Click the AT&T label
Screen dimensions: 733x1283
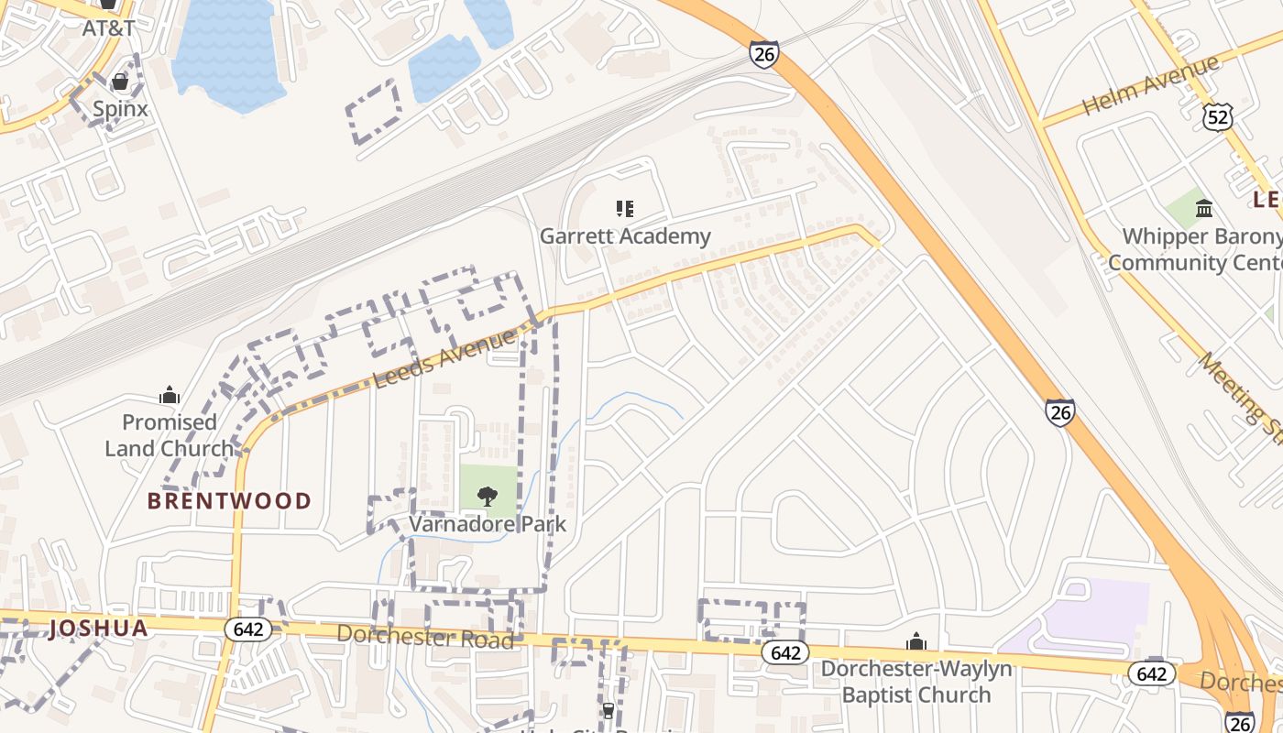108,27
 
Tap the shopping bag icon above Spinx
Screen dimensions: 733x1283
119,82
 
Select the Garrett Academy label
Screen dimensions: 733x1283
625,236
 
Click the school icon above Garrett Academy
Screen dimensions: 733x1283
625,209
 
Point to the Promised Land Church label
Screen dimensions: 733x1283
170,435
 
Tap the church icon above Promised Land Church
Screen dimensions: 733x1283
170,396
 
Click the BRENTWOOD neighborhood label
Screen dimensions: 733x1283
230,501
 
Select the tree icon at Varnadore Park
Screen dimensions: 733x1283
488,497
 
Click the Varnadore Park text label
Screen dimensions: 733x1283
488,524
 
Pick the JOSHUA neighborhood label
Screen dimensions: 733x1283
99,629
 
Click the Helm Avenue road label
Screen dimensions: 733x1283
1151,85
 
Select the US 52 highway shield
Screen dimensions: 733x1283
1219,115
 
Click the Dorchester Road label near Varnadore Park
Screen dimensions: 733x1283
425,636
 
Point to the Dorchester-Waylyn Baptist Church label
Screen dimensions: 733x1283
916,682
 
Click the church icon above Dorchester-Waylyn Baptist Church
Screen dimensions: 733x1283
916,642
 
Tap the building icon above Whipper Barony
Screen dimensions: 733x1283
1204,209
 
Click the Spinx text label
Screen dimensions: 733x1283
120,109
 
